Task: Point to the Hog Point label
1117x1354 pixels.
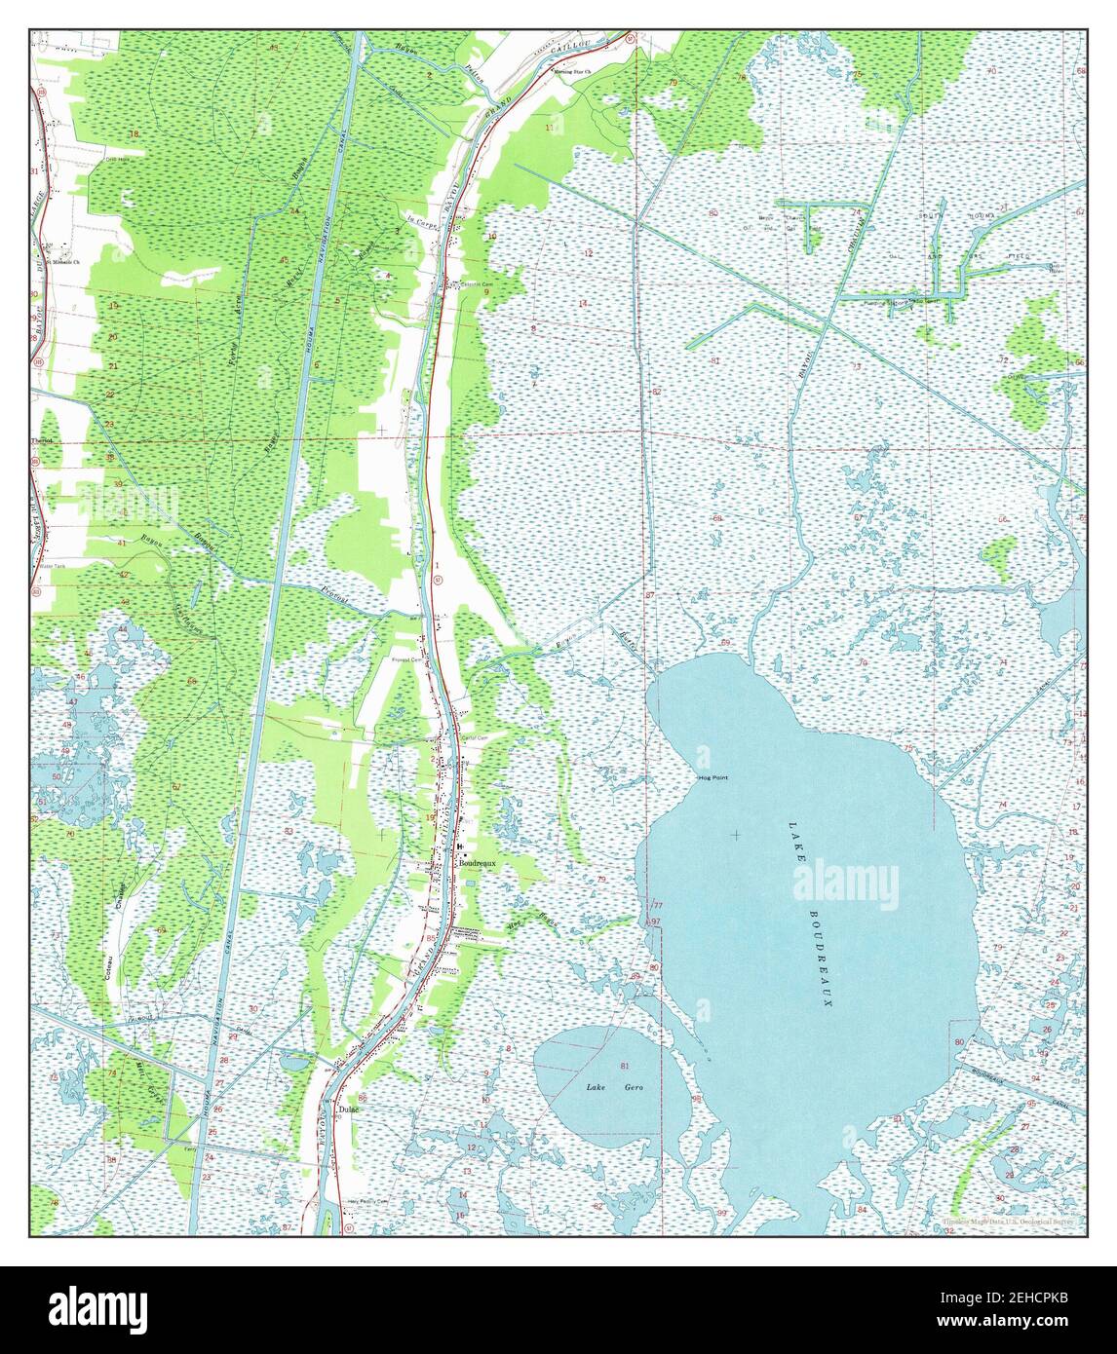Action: pyautogui.click(x=713, y=777)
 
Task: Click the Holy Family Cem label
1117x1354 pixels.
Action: pyautogui.click(x=367, y=1202)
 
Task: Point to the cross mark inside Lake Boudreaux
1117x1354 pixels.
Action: pyautogui.click(x=735, y=835)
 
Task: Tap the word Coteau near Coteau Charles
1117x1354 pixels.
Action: pyautogui.click(x=105, y=963)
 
